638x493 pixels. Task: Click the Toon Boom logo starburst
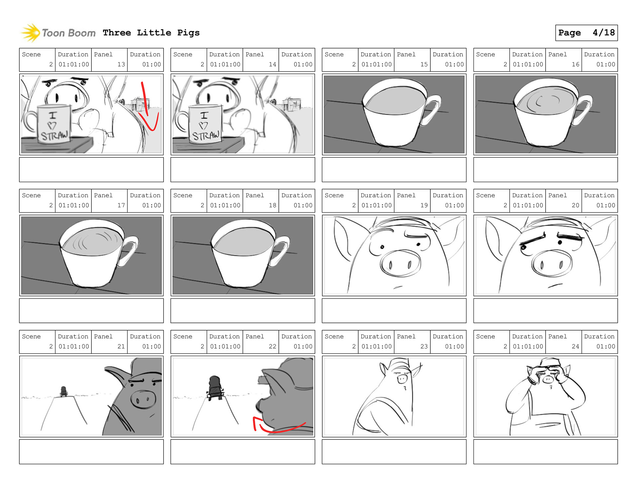click(x=30, y=33)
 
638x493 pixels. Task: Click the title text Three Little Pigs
click(x=151, y=33)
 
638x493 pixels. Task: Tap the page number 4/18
click(x=603, y=33)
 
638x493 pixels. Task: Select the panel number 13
click(x=121, y=64)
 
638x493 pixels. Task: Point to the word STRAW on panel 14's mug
click(x=206, y=136)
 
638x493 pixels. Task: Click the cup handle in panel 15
click(x=431, y=110)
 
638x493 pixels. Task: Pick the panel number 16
click(x=576, y=64)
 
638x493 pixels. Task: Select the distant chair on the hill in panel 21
click(x=63, y=391)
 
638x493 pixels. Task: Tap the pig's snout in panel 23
click(x=402, y=378)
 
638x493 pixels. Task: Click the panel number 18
click(x=272, y=205)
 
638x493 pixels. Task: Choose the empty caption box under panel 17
click(x=91, y=311)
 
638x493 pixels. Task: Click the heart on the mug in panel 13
click(x=52, y=126)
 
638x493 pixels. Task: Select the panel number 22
click(x=272, y=346)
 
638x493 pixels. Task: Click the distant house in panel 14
click(x=292, y=104)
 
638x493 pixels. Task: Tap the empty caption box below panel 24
click(x=546, y=452)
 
